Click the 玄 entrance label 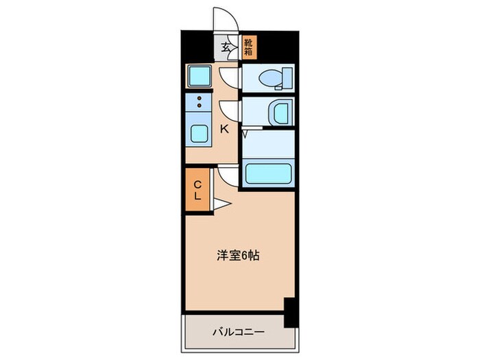(226, 48)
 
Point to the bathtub (269, 174)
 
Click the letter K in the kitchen (224, 128)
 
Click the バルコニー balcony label (237, 332)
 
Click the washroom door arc (230, 110)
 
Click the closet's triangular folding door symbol (221, 202)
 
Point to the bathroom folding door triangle (245, 131)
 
